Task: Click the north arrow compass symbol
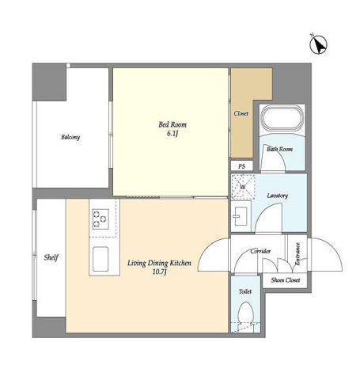pos(318,45)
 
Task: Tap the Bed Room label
pos(172,124)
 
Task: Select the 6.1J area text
pos(172,134)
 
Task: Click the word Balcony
pos(70,137)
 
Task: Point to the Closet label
pos(241,114)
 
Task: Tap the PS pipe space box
pos(242,166)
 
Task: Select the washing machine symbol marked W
pos(243,187)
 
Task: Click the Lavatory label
pos(277,196)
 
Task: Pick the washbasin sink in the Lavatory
pos(240,216)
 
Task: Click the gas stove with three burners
pos(100,219)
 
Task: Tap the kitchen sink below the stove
pos(100,259)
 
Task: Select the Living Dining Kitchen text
pos(159,263)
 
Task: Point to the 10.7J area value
pos(159,272)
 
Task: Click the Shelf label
pos(51,257)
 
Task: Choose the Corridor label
pos(260,251)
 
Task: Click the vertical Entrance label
pos(297,254)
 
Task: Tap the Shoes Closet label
pos(286,280)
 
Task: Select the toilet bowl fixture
pos(246,315)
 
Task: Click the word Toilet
pos(245,291)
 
